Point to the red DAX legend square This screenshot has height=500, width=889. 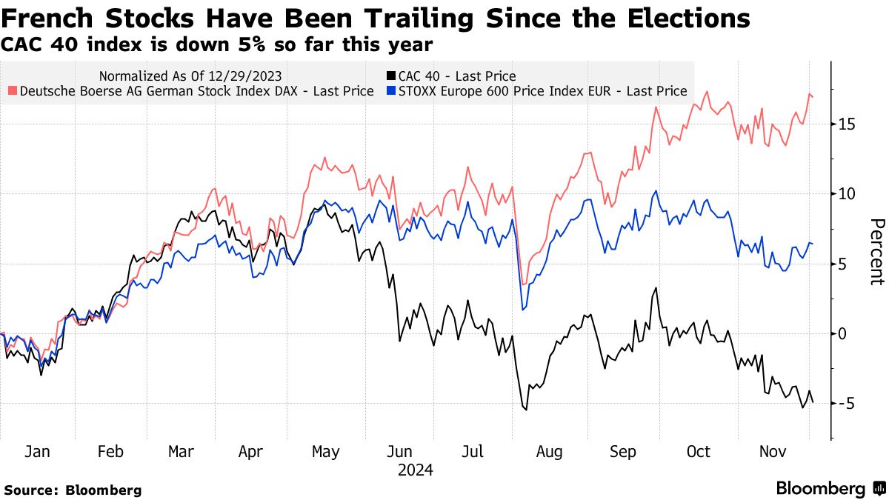(13, 91)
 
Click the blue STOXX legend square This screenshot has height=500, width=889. (390, 91)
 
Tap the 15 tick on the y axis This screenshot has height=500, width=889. (847, 124)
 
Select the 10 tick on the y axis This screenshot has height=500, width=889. (847, 193)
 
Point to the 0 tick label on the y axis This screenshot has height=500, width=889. (842, 333)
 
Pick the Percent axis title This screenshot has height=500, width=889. (876, 252)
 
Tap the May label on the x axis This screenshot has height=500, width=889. (325, 452)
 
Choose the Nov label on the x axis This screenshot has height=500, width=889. (772, 452)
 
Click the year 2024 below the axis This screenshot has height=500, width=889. (415, 470)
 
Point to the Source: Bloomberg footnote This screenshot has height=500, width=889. (73, 490)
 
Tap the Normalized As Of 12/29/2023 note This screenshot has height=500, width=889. (190, 76)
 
